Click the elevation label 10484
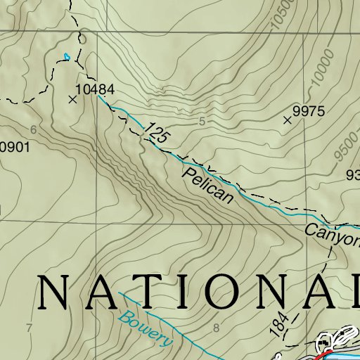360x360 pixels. (x=94, y=89)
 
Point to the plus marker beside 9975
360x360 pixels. (x=287, y=121)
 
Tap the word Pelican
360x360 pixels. (x=207, y=186)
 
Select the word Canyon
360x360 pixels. (x=332, y=236)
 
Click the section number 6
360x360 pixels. (x=33, y=129)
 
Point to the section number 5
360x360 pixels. (x=202, y=122)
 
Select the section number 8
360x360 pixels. (x=216, y=328)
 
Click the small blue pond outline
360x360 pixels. (x=67, y=56)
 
